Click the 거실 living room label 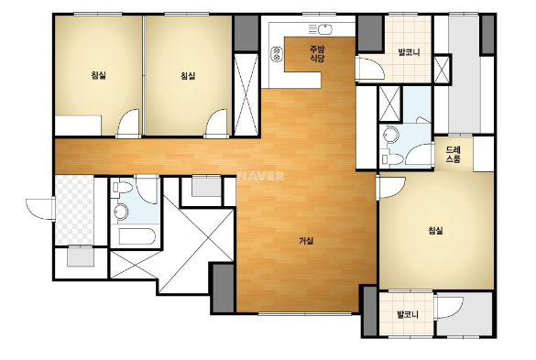[306, 241]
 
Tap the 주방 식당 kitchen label [317, 54]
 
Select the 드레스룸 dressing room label [454, 154]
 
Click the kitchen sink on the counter [324, 29]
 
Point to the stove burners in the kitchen [277, 54]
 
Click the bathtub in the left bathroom [137, 236]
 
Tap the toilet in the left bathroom [123, 188]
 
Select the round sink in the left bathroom [121, 212]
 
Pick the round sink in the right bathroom [391, 135]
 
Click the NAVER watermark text [261, 176]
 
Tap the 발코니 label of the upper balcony [409, 52]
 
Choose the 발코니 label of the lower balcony [408, 314]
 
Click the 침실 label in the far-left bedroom [98, 75]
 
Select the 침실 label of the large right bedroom [435, 231]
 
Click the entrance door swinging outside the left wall [40, 209]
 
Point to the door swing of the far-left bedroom [128, 124]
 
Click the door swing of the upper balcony [369, 70]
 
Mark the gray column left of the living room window [224, 288]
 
